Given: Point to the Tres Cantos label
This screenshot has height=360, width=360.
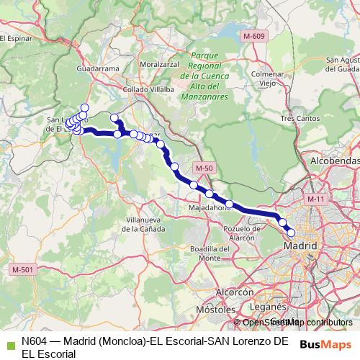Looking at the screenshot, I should (299, 117).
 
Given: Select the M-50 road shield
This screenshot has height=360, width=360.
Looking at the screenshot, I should (204, 168).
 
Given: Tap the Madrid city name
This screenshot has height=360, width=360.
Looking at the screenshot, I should (301, 246).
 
